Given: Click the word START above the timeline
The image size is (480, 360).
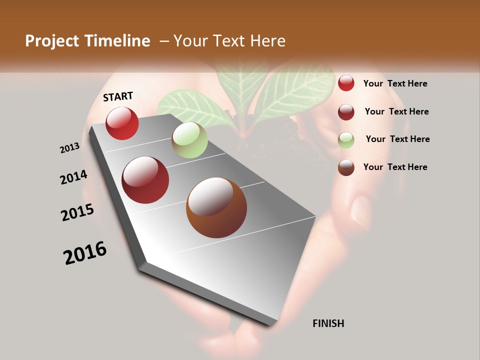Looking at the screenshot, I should (118, 96).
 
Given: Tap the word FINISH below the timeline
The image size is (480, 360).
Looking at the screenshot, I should (328, 323).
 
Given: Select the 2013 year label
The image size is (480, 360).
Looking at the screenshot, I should (69, 147).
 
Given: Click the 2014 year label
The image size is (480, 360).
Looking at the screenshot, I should (73, 177).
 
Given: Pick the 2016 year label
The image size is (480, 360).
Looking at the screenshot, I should (85, 253).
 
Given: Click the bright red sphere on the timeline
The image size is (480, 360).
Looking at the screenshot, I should (122, 123).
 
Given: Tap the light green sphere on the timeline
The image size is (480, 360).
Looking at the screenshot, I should (189, 140).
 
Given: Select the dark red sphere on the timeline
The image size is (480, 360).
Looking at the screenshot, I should (145, 180).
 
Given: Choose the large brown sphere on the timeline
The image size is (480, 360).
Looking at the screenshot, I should (216, 207).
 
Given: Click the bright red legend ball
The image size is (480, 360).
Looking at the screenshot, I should (346, 83).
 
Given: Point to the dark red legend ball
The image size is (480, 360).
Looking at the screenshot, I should (346, 111).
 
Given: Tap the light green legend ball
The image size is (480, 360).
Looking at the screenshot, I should (346, 140).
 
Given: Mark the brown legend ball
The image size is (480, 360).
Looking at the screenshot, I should (346, 167).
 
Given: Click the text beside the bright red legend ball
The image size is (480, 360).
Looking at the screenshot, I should (395, 83).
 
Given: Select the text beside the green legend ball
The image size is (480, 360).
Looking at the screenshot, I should (397, 139).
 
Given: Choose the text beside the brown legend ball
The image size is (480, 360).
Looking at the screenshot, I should (395, 167).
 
